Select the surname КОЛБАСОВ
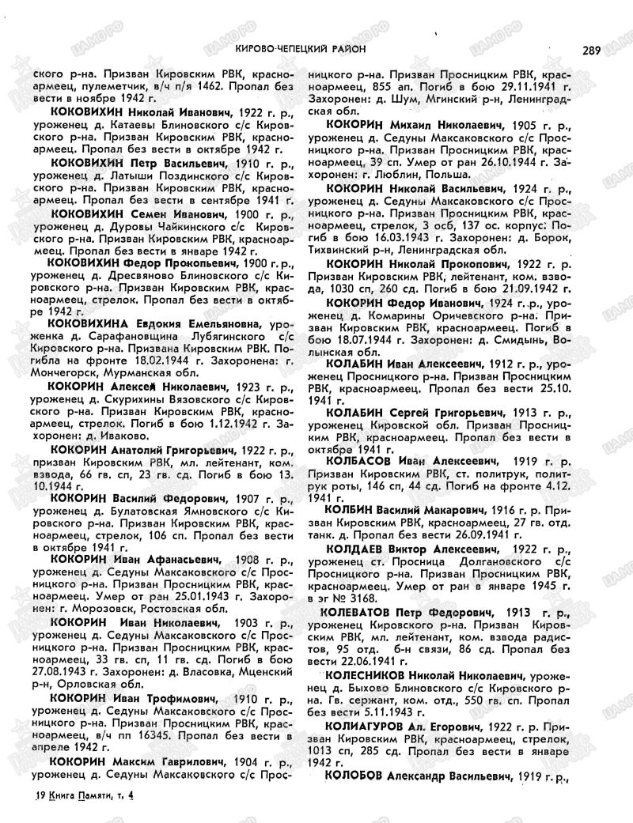[x=361, y=459]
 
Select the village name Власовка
[x=191, y=670]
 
